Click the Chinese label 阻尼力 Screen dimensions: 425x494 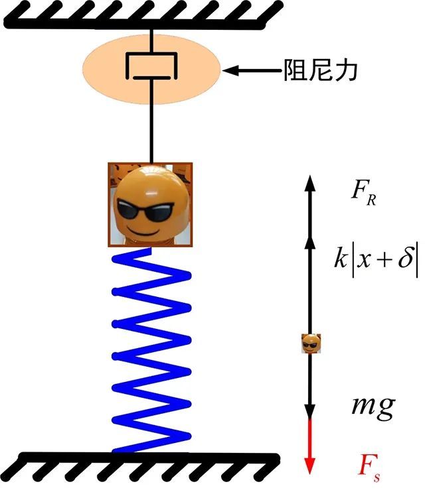[x=321, y=70]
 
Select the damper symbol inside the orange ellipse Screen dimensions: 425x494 [x=152, y=66]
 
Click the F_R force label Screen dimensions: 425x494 [x=364, y=193]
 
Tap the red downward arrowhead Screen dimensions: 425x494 [x=310, y=464]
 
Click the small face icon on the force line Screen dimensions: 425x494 [x=311, y=343]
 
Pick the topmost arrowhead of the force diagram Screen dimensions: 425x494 [x=310, y=183]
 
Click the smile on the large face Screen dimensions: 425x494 [x=143, y=232]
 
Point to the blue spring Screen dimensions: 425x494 [x=151, y=350]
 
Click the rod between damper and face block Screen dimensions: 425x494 [x=152, y=121]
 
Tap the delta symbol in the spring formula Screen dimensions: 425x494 [x=405, y=259]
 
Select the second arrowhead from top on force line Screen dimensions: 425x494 [x=310, y=243]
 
